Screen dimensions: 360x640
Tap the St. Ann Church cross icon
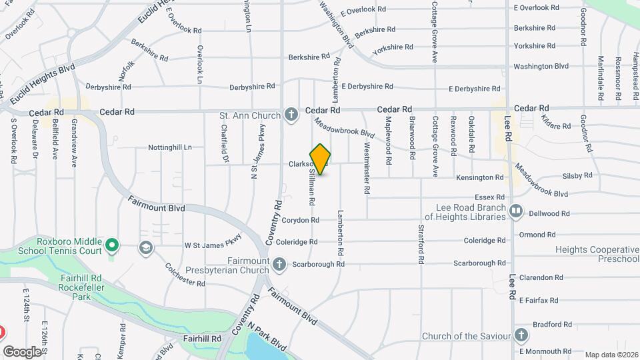click(291, 115)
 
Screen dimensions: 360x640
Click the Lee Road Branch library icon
click(515, 212)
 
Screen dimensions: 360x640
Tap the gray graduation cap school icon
click(145, 249)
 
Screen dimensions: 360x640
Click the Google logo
click(22, 351)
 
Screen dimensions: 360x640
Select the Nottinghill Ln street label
click(169, 147)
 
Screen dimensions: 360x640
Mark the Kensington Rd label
click(479, 177)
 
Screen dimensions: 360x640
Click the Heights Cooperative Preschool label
click(597, 255)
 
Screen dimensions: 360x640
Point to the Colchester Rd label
click(185, 274)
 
